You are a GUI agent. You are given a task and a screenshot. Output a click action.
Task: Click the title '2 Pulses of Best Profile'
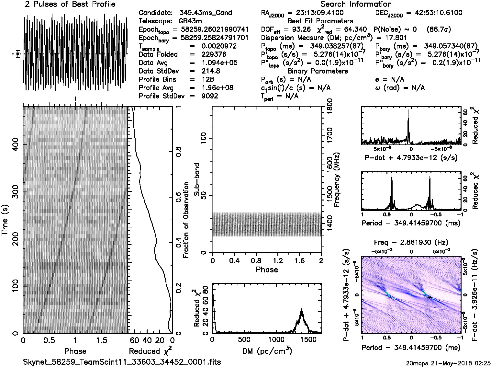(70, 5)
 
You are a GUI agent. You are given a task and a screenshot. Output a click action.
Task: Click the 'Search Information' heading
(356, 5)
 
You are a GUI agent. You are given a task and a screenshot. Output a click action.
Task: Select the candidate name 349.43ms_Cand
(206, 13)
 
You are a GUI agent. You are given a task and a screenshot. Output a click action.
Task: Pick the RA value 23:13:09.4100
(316, 13)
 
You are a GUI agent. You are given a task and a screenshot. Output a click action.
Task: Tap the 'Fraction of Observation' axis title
(186, 220)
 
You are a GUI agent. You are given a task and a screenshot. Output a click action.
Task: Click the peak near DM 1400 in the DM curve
(302, 310)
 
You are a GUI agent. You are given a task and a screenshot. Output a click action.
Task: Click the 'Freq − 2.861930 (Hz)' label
(411, 242)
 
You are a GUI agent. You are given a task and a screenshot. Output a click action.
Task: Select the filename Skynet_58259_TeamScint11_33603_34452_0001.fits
(122, 362)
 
